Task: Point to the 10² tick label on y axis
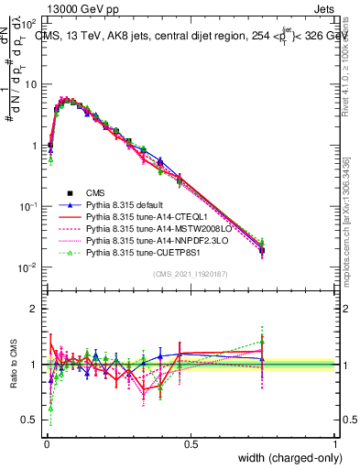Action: (x=29, y=21)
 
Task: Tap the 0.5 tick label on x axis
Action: (x=191, y=443)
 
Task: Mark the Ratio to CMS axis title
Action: (x=12, y=364)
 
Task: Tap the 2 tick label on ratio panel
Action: (x=34, y=309)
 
